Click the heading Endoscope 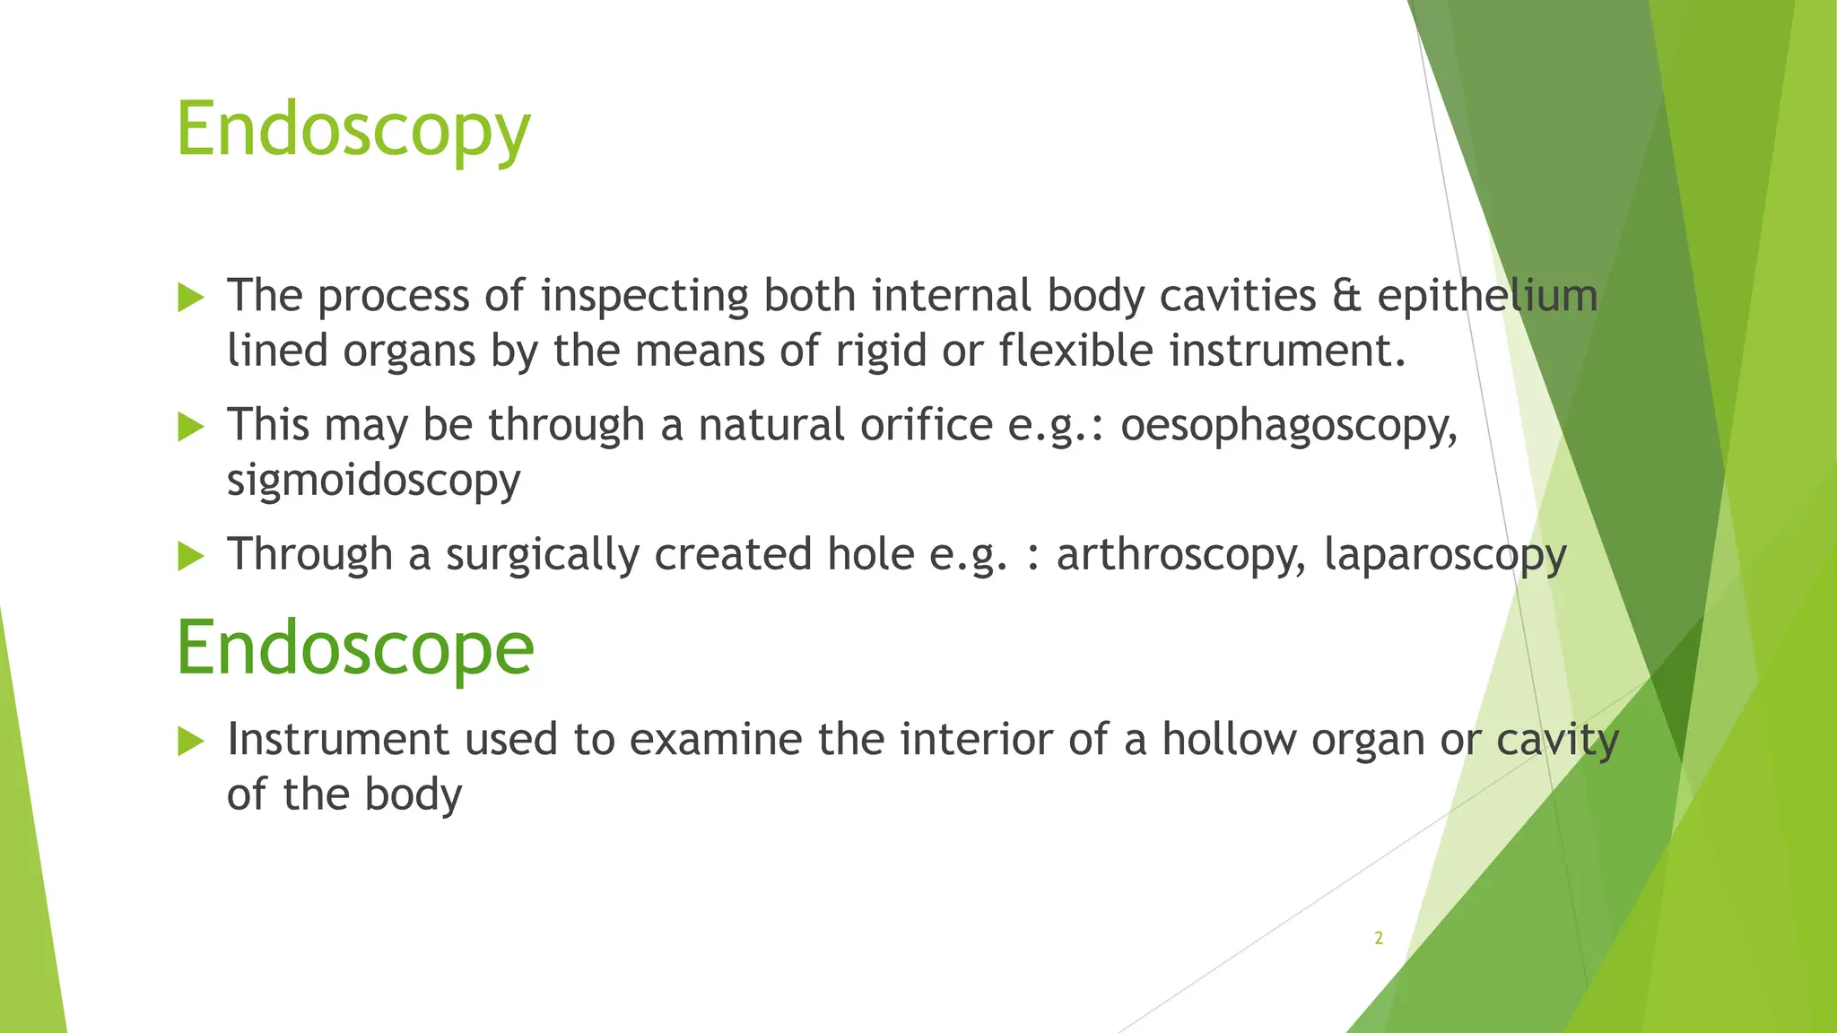tap(355, 648)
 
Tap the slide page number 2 tap(1379, 939)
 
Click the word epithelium tap(1487, 297)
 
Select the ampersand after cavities tap(1346, 297)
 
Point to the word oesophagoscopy tap(1289, 426)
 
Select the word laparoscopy tap(1444, 555)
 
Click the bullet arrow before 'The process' tap(191, 297)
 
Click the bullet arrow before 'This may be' tap(191, 426)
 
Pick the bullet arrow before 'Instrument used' tap(191, 741)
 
